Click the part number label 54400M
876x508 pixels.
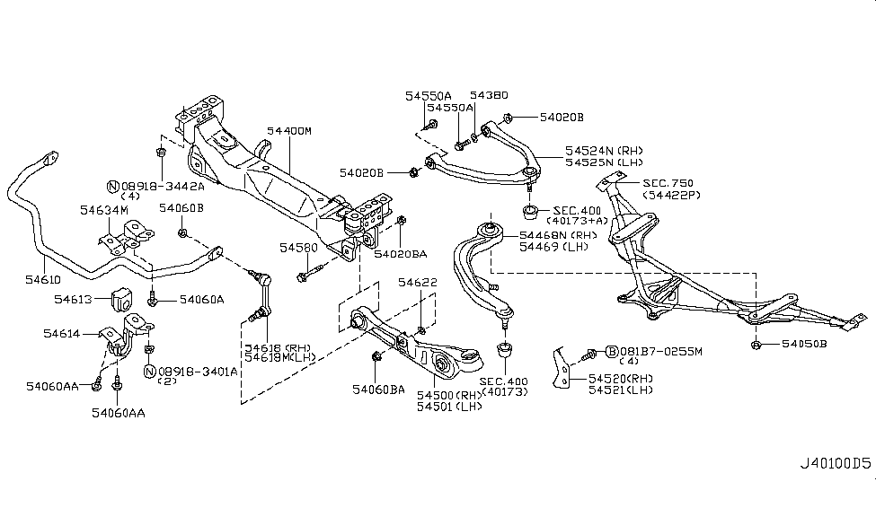(288, 131)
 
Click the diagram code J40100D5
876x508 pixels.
(836, 489)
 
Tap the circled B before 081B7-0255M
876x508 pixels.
(611, 351)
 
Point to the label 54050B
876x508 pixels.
(806, 344)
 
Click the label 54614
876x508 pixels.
(62, 333)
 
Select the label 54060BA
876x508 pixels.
(377, 389)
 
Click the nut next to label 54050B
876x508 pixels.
(757, 344)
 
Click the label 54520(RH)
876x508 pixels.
(619, 379)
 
